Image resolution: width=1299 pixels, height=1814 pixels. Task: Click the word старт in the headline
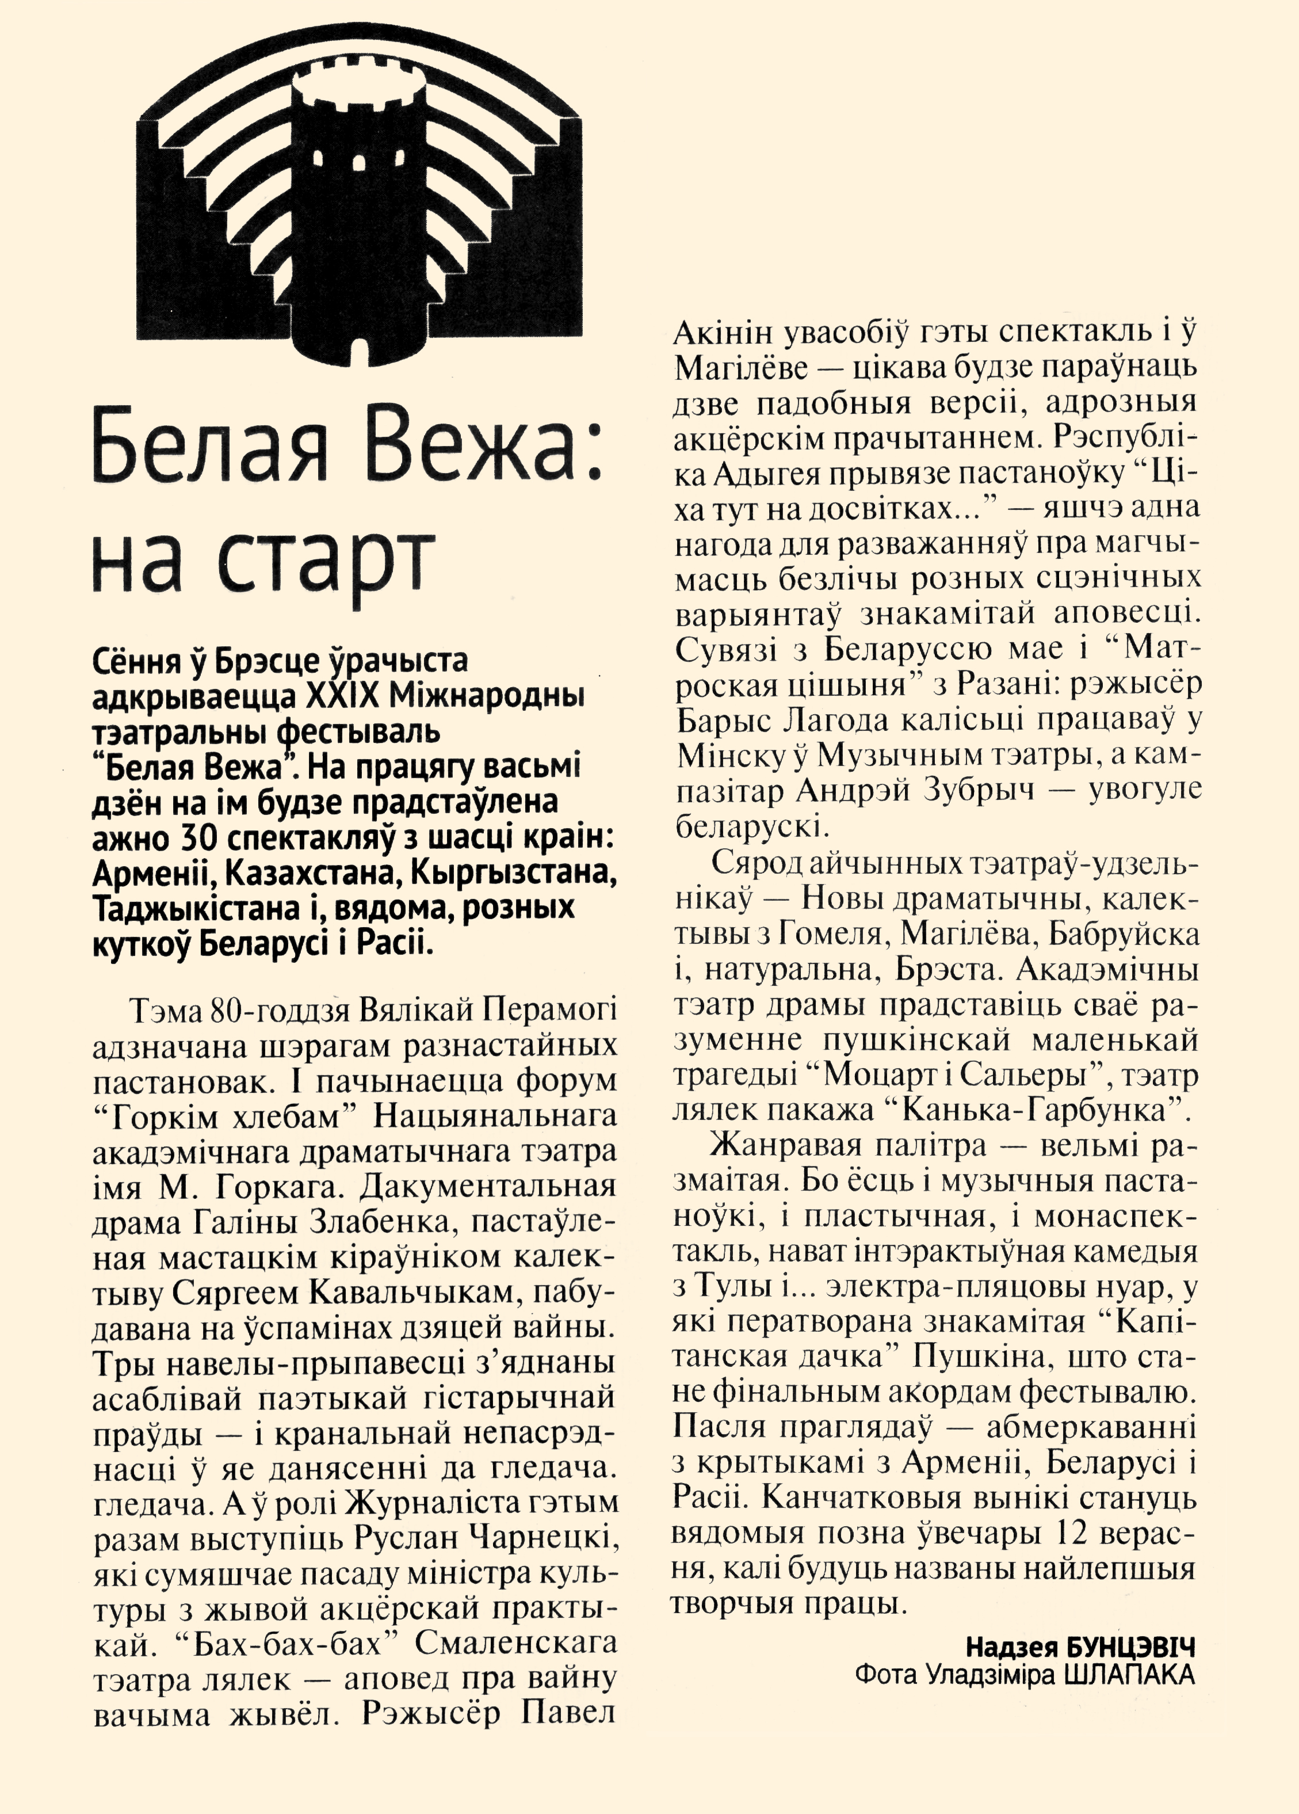point(324,560)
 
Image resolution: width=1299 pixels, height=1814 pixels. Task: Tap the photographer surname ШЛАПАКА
point(1129,1675)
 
